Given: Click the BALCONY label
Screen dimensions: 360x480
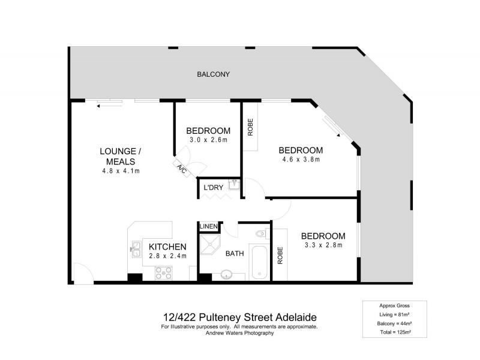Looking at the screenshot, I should pos(213,75).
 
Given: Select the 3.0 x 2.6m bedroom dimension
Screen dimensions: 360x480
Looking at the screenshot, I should pos(208,140).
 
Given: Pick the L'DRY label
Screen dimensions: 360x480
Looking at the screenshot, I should pos(214,188).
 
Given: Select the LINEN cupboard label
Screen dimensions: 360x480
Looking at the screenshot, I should pos(209,226).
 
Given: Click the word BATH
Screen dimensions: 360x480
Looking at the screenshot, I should pos(234,254).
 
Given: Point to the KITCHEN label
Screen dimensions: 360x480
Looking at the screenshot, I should pos(168,247).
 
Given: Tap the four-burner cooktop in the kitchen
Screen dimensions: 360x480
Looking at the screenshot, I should pos(164,273).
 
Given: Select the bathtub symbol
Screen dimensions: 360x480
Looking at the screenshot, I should pos(259,262).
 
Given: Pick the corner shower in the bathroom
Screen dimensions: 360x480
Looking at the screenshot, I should pos(211,244).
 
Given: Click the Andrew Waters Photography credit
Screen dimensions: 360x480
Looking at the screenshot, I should pos(239,333).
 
